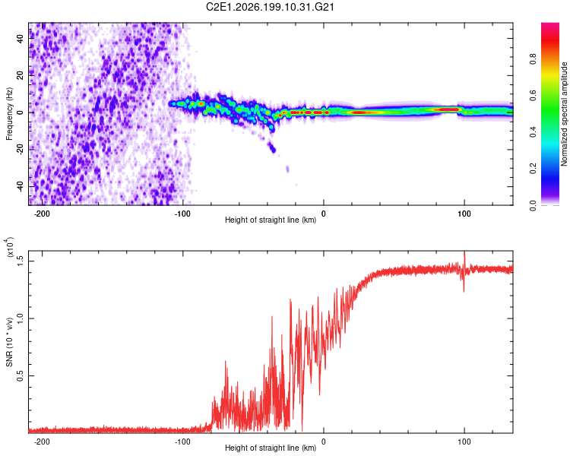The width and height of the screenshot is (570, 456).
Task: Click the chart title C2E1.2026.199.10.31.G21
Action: click(x=270, y=7)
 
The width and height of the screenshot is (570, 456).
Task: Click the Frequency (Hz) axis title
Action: click(x=9, y=114)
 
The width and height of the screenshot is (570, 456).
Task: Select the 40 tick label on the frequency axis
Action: click(x=21, y=38)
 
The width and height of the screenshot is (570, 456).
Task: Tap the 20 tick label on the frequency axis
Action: click(x=21, y=75)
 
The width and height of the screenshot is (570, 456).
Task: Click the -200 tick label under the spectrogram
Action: click(x=41, y=214)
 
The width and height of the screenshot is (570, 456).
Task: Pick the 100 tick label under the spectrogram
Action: click(x=464, y=214)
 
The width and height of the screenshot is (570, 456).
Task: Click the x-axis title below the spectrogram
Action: click(x=271, y=220)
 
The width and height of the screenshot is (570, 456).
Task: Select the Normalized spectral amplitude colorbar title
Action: click(x=564, y=114)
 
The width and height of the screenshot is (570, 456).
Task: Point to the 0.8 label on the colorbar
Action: click(x=533, y=59)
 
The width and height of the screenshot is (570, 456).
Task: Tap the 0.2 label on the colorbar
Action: click(x=533, y=169)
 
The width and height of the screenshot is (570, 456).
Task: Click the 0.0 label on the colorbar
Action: click(x=533, y=205)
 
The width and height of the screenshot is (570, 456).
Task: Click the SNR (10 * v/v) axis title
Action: click(x=9, y=342)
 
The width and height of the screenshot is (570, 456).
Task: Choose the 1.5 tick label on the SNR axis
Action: click(x=21, y=261)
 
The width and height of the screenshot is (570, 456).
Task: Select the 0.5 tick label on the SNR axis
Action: click(x=21, y=375)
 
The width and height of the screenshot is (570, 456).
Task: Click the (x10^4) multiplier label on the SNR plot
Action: click(x=10, y=247)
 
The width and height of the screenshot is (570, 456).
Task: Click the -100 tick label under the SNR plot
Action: click(x=182, y=442)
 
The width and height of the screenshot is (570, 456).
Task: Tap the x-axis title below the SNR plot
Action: click(x=271, y=448)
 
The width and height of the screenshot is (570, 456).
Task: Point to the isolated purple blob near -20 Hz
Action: click(x=272, y=148)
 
